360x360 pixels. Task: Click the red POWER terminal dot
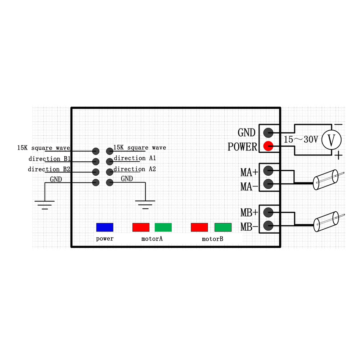coord(268,146)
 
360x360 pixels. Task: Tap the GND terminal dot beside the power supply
coord(268,132)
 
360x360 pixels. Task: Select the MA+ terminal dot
coord(268,170)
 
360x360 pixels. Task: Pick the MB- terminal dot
coord(268,226)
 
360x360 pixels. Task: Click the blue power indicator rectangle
coord(105,227)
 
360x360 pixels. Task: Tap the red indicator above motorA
coord(141,227)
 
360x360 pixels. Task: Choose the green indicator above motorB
coord(223,227)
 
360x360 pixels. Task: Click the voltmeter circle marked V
coord(331,140)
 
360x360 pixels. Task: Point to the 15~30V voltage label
coord(301,140)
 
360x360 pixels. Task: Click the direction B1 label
coord(50,159)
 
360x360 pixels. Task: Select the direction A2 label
coord(135,169)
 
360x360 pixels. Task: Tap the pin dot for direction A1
coord(109,161)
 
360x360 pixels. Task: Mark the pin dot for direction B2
coord(96,172)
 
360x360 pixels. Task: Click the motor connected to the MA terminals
coord(325,180)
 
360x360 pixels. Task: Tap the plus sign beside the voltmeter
coord(338,156)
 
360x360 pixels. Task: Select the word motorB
coord(212,239)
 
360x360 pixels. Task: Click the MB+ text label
coord(249,213)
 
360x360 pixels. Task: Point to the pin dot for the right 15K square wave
coord(109,151)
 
